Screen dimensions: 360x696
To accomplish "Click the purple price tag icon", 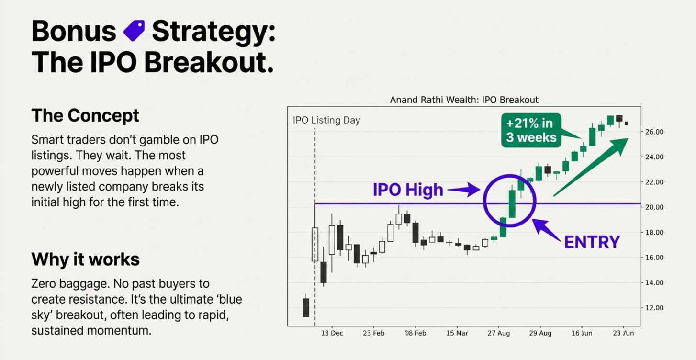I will point(134,31).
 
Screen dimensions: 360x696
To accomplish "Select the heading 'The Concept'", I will point(85,116).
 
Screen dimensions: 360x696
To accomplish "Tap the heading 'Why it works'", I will point(85,259).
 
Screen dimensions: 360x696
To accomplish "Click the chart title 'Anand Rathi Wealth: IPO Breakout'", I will point(464,100).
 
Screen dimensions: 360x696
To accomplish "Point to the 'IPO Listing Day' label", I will point(326,120).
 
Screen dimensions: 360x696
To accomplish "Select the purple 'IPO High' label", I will point(408,190).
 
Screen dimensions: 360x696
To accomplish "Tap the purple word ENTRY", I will point(592,242).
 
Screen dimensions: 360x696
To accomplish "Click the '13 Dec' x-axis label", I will point(332,333).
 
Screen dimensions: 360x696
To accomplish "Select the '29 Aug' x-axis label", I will point(539,333).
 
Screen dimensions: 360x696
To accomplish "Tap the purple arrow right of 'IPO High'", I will point(464,191).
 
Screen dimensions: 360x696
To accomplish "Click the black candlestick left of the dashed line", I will point(305,307).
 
